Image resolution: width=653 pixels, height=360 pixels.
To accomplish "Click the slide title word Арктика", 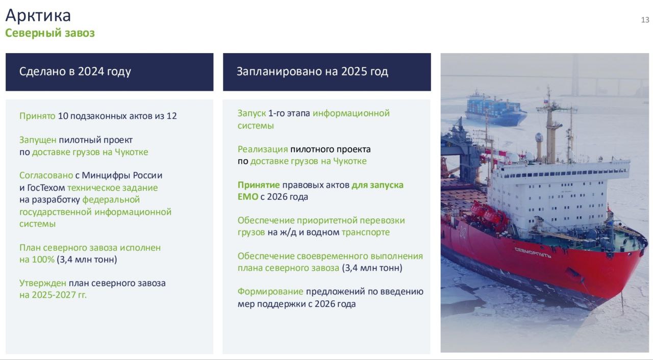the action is point(38,15).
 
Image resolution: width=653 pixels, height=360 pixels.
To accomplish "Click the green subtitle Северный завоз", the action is point(50,33).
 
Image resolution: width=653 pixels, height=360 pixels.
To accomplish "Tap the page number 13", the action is point(645,20).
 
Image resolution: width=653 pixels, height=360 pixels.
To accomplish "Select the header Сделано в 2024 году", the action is point(75,72).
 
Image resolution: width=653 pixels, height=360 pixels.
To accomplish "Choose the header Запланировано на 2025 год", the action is point(312,71).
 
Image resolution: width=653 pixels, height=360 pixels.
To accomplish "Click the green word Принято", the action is point(37,116).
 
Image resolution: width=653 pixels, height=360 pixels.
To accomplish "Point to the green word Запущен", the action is point(38,140).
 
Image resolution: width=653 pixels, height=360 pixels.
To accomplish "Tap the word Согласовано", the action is point(46,175).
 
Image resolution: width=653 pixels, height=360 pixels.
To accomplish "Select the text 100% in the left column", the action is point(43,259).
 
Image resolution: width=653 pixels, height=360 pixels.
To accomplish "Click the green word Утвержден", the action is point(42,283).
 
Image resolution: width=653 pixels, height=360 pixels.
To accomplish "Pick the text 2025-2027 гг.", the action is point(59,295).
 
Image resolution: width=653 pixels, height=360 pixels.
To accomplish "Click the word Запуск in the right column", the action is point(252,113).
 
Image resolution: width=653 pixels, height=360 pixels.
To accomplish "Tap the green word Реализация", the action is point(263,149).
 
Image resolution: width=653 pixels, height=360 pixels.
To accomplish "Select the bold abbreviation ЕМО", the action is point(248,197).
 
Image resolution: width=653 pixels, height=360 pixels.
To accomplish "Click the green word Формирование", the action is point(270,292).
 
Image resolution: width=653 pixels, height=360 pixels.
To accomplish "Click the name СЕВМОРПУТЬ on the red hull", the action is point(533,252).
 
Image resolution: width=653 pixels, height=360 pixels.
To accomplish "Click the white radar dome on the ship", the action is point(539,137).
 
